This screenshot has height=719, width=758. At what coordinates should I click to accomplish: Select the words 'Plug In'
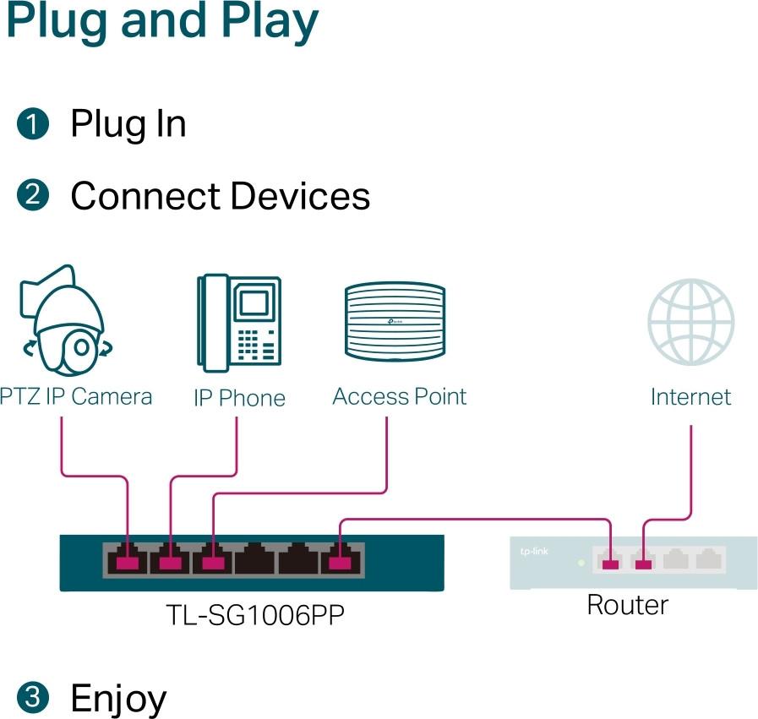128,124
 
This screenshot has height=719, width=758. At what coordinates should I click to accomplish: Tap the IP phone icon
239,320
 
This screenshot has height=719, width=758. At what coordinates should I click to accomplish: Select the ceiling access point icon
394,322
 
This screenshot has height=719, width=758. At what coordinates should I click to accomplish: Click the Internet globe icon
690,322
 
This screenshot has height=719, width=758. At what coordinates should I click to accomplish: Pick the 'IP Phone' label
239,398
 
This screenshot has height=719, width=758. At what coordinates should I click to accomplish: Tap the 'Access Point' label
399,396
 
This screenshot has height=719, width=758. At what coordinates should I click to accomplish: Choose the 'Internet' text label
690,396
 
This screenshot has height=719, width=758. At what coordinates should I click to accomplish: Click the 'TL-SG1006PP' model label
254,615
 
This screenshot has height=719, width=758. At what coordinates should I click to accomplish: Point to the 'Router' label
627,605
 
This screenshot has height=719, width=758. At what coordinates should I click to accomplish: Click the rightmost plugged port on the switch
341,559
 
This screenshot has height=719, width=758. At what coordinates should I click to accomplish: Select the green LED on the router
579,562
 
